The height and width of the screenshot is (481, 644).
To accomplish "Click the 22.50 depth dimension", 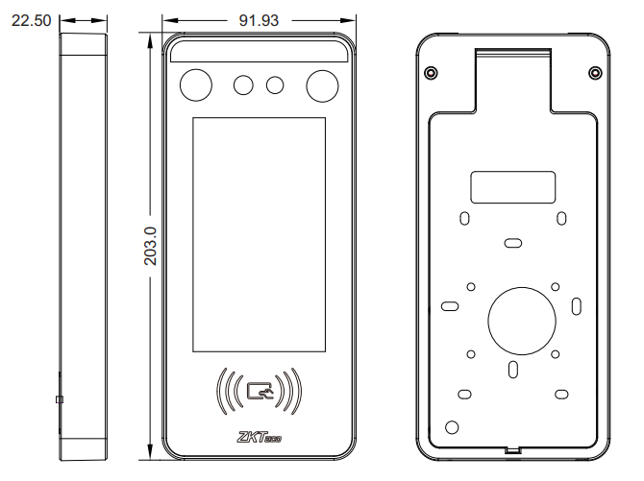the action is point(31,20).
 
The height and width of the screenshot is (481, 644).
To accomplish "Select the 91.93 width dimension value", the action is point(259,20).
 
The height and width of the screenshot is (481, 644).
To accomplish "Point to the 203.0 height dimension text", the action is point(150,246).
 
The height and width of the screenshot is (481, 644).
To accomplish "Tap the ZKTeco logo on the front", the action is point(260,437).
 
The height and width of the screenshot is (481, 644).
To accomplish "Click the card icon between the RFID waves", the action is point(260,391).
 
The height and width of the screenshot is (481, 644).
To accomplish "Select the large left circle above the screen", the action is point(196,85).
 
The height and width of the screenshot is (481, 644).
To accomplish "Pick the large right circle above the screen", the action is point(322,85).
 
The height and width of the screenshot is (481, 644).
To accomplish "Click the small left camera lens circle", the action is point(243,85).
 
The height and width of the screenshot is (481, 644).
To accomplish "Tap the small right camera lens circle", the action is point(275,85).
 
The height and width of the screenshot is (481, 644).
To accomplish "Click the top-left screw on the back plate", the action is point(431,73).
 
